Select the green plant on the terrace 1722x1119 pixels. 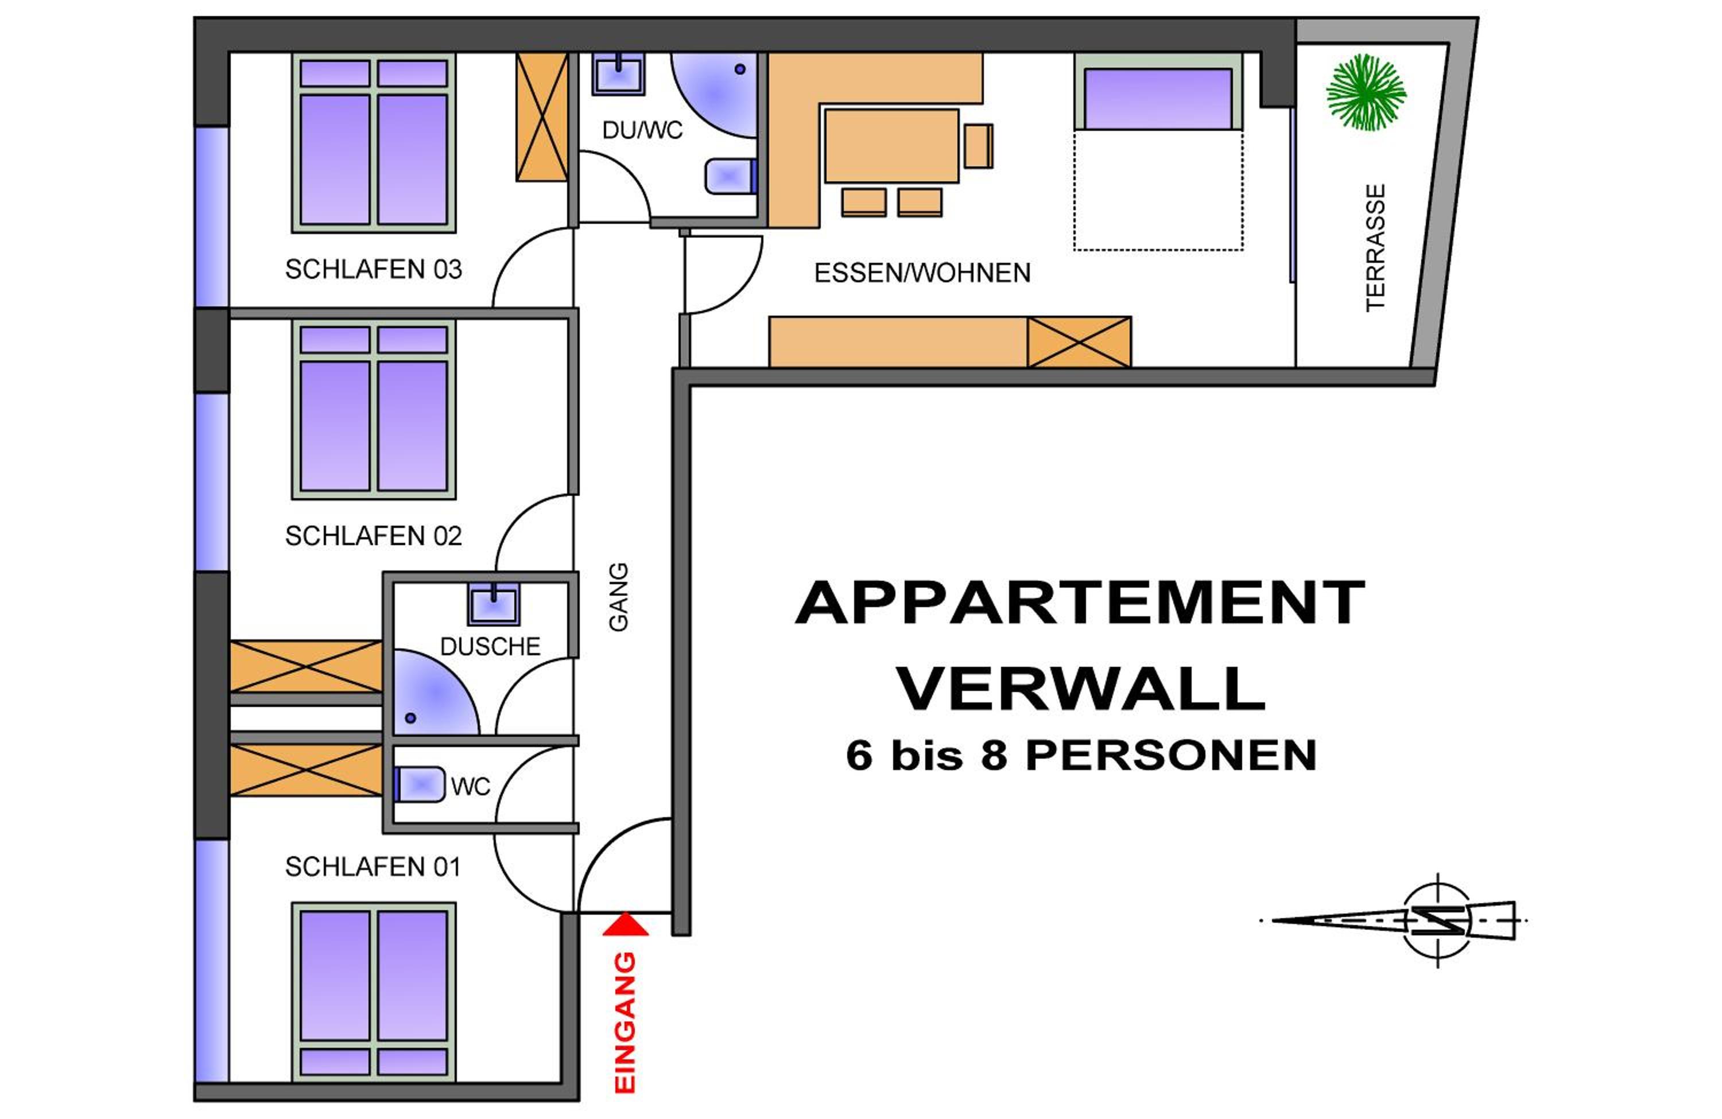click(1366, 92)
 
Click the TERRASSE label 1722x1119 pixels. click(1375, 248)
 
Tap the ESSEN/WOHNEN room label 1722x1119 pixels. click(922, 273)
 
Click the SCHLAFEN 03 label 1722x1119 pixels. click(373, 269)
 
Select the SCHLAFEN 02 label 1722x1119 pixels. click(373, 535)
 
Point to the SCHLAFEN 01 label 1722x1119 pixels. click(373, 866)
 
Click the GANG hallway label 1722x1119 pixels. click(619, 597)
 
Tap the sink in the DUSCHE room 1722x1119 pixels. click(494, 603)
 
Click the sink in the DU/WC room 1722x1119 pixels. click(619, 74)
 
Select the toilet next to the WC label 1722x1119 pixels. click(420, 783)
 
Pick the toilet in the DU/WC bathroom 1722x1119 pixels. click(731, 176)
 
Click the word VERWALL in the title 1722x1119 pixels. click(1081, 688)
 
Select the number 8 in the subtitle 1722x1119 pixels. click(994, 756)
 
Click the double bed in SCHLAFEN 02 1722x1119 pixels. click(373, 409)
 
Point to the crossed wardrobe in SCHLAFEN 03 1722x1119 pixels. click(542, 117)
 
